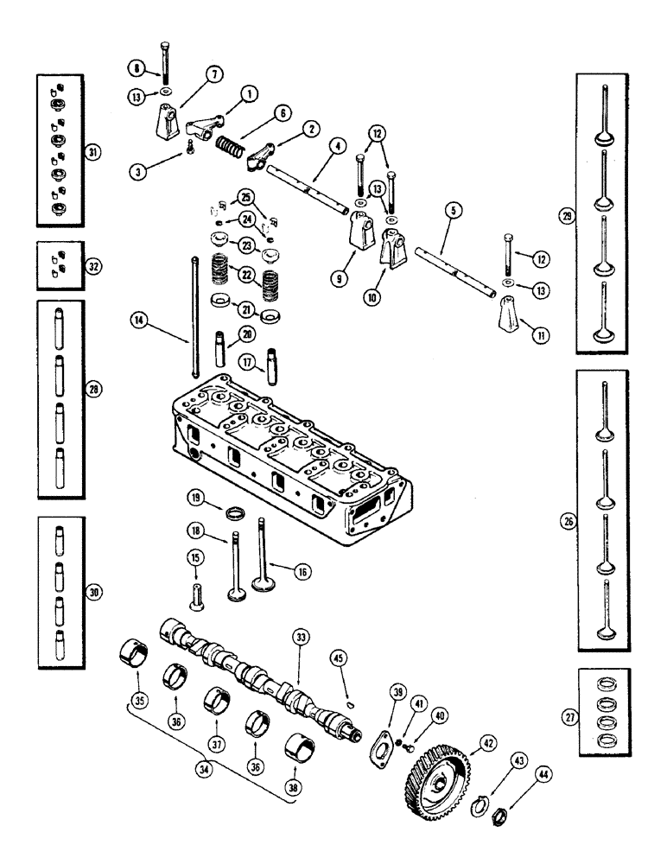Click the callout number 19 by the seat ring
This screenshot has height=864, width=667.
[x=197, y=499]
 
